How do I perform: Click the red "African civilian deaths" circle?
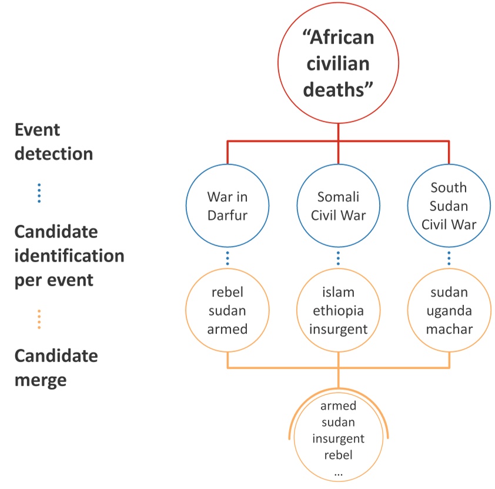tap(338, 65)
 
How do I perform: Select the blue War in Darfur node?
tap(228, 206)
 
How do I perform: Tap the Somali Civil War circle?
tap(338, 206)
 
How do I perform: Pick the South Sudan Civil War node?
tap(449, 206)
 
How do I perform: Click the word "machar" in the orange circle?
tap(449, 329)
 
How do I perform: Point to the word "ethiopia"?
tap(338, 311)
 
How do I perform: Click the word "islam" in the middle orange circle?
tap(338, 293)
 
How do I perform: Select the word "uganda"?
tap(449, 310)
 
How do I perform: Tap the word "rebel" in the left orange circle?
tap(228, 293)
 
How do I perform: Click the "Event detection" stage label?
tap(53, 142)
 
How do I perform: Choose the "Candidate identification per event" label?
tap(69, 256)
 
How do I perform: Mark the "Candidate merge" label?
tap(56, 368)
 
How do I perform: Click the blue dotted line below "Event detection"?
tap(39, 193)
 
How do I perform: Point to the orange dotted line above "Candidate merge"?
tap(39, 319)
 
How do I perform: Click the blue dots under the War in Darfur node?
tap(228, 259)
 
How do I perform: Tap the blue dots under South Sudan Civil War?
tap(449, 259)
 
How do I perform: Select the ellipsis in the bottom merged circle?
tap(338, 472)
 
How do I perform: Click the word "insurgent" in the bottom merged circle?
tap(338, 438)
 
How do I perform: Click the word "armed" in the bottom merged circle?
tap(338, 406)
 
